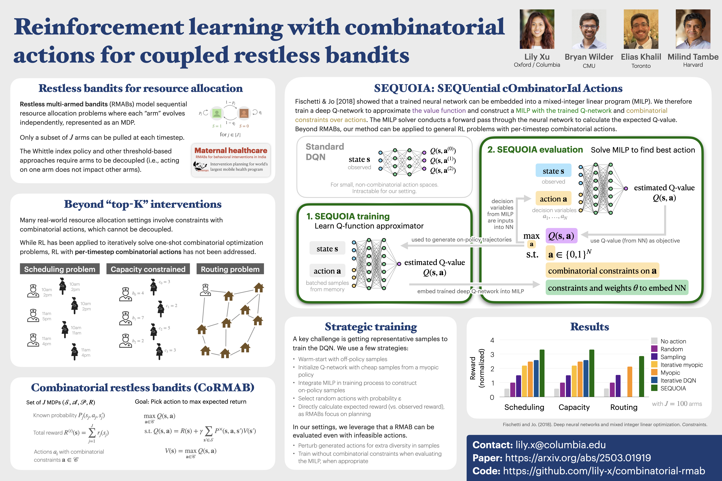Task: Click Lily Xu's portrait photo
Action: click(537, 29)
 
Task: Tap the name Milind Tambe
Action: click(693, 57)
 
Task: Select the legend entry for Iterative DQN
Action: click(678, 380)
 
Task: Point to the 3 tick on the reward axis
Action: click(492, 355)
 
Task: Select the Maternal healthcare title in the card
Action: click(231, 150)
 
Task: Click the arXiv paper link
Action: click(578, 458)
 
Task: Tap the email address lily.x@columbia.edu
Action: click(561, 445)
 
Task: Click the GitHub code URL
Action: click(604, 471)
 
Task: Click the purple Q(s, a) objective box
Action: click(561, 236)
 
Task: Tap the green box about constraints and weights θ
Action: click(617, 288)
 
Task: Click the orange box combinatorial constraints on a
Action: click(602, 271)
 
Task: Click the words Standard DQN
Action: click(324, 151)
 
